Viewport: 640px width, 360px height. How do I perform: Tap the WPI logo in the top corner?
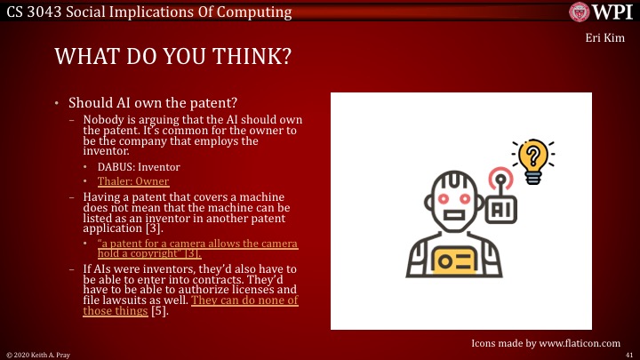coord(602,12)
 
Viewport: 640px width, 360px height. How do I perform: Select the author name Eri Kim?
coord(609,39)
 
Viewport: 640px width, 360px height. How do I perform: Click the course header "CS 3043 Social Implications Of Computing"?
coord(147,12)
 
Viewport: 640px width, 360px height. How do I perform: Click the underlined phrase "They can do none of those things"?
coord(190,306)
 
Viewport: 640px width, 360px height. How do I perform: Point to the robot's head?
coord(456,199)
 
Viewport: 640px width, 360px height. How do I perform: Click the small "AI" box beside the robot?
coord(502,208)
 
